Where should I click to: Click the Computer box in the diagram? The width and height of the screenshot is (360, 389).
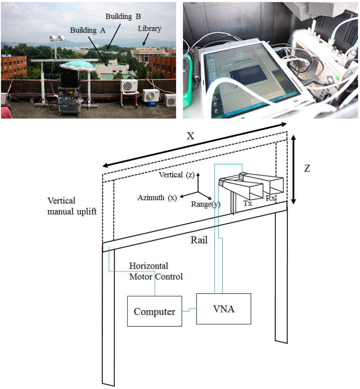point(154,312)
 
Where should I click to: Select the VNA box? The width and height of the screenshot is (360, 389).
point(224,308)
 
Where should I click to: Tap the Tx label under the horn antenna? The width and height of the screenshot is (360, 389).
point(247,204)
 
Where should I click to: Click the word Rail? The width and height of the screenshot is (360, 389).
point(200,240)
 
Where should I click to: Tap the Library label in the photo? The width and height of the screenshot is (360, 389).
point(149,28)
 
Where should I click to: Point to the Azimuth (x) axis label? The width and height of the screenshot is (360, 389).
point(157,198)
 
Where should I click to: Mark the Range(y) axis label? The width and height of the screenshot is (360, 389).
point(206,204)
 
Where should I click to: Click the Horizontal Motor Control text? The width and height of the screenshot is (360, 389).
point(156,271)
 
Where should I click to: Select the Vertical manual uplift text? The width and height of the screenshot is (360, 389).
point(72,206)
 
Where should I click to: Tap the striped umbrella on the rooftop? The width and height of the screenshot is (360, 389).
point(78,66)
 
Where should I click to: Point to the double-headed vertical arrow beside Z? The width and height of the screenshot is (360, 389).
point(293,170)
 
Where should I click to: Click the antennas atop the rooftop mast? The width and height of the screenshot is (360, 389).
point(56,38)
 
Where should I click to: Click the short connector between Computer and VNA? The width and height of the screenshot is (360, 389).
point(189,310)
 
